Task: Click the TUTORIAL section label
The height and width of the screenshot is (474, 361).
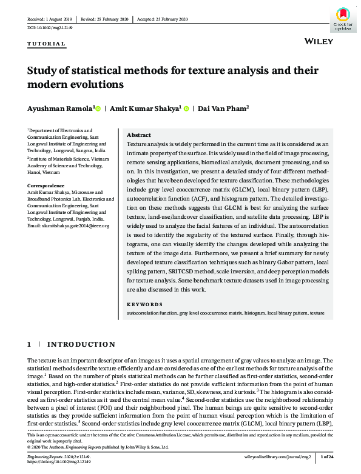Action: coord(47,44)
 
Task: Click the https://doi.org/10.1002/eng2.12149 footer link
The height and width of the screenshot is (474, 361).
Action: coord(59,461)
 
